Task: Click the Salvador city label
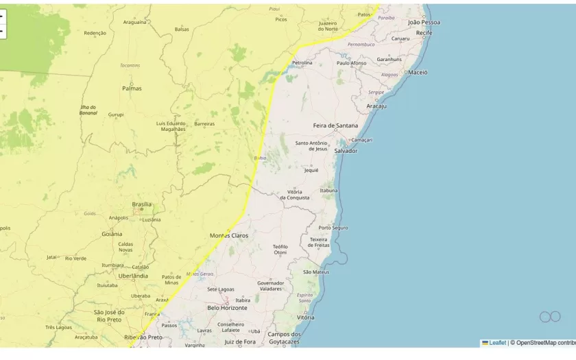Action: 346,151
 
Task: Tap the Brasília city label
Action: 142,204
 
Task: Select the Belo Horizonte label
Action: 227,308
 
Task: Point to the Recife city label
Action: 424,32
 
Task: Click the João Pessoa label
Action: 424,22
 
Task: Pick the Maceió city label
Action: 418,72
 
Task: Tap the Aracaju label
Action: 376,106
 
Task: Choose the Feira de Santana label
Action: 335,125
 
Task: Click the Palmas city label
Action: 132,88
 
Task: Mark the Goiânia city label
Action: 112,234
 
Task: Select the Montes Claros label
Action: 229,235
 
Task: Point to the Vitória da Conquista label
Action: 295,195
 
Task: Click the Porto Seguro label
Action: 333,228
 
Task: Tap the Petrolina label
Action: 302,63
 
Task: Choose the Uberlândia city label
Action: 133,276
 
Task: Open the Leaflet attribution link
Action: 497,343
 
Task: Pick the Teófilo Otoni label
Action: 280,250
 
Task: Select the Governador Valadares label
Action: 270,286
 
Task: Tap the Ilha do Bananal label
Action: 88,110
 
